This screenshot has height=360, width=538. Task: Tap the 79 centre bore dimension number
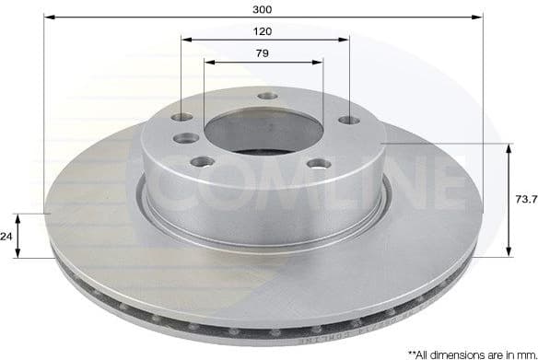click(263, 53)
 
